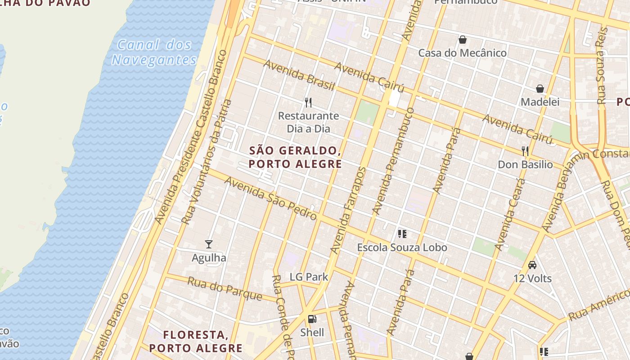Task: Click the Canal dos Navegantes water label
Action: coord(154,52)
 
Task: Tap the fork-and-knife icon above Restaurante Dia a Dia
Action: coord(308,103)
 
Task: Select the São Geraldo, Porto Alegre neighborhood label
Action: coord(295,157)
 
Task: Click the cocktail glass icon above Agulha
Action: coord(209,244)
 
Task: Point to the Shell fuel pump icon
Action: coord(312,319)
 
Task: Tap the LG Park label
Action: coord(309,277)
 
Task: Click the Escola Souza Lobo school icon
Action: coord(402,234)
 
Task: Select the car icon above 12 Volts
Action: coord(532,265)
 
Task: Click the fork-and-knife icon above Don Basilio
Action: coord(525,151)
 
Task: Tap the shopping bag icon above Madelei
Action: coord(540,89)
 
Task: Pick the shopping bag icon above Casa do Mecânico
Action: coord(462,40)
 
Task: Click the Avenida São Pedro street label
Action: coord(270,198)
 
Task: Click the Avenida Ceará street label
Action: coord(510,214)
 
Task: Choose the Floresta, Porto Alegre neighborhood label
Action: coord(196,341)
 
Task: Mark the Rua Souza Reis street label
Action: coord(602,66)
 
